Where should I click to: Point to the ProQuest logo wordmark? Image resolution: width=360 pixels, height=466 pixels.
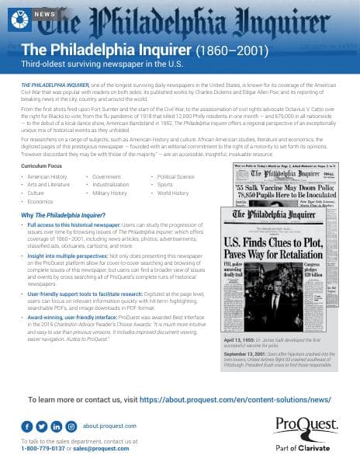tap(305, 426)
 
